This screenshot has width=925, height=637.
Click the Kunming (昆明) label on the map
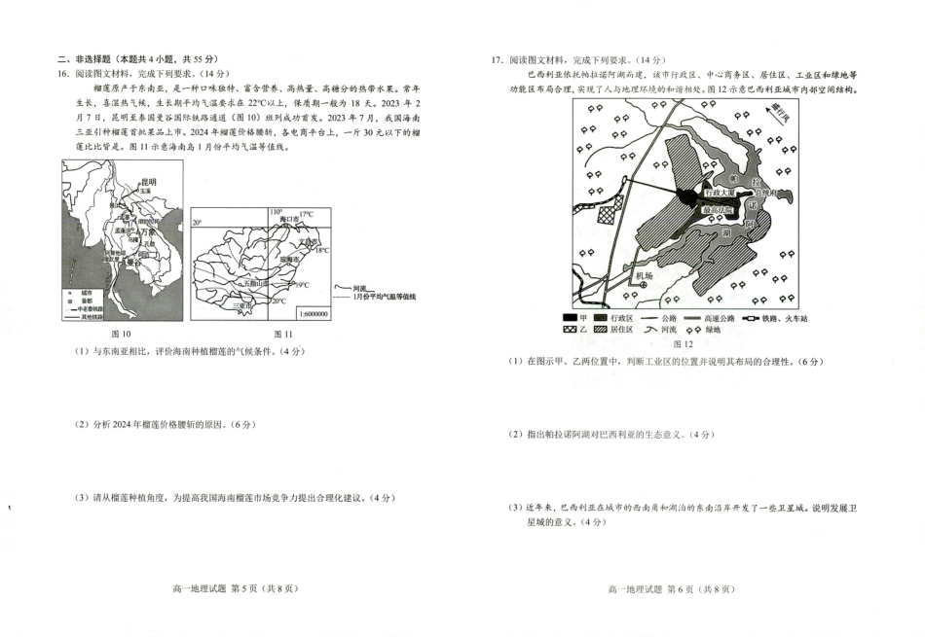pos(148,182)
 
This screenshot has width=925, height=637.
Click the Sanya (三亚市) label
pos(243,305)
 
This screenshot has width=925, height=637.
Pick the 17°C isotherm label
pos(306,214)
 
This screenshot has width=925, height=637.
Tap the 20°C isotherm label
pos(280,301)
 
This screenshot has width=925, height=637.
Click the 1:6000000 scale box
pos(310,313)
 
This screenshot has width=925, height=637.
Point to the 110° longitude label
pos(276,211)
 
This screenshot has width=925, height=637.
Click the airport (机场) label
pos(644,275)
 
